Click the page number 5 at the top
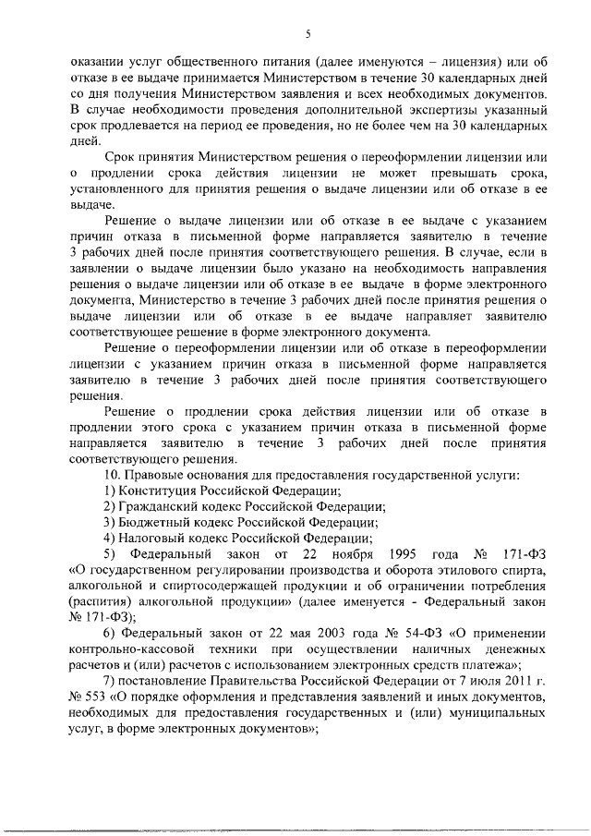coord(308,34)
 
